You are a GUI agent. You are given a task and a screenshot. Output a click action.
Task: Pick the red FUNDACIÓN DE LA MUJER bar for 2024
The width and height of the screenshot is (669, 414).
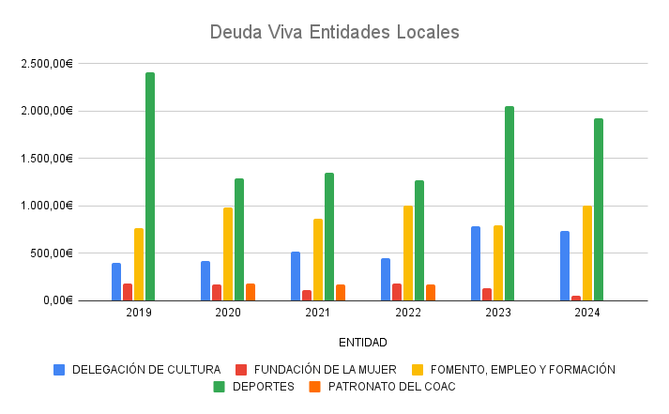tap(576, 298)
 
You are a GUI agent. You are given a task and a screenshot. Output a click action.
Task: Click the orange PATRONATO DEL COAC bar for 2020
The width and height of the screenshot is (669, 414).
tap(251, 292)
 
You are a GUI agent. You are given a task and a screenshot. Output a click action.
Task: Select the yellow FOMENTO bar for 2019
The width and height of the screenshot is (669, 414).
tap(139, 264)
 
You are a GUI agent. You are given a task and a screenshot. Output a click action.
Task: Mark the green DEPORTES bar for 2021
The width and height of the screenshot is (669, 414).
tap(329, 237)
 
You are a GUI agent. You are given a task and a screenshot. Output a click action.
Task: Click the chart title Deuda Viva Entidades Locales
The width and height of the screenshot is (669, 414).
tap(335, 32)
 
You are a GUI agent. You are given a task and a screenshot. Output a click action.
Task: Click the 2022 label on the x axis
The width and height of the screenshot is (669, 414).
tap(408, 313)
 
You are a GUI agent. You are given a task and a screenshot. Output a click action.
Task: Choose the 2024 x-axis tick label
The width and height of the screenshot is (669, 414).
tap(587, 313)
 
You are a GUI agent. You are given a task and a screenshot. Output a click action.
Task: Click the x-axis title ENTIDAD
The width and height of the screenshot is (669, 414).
tap(363, 343)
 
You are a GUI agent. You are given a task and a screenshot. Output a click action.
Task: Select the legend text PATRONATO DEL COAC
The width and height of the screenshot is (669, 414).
tap(392, 386)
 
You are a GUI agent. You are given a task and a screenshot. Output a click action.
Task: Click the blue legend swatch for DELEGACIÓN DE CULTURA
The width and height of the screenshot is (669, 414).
tap(60, 369)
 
